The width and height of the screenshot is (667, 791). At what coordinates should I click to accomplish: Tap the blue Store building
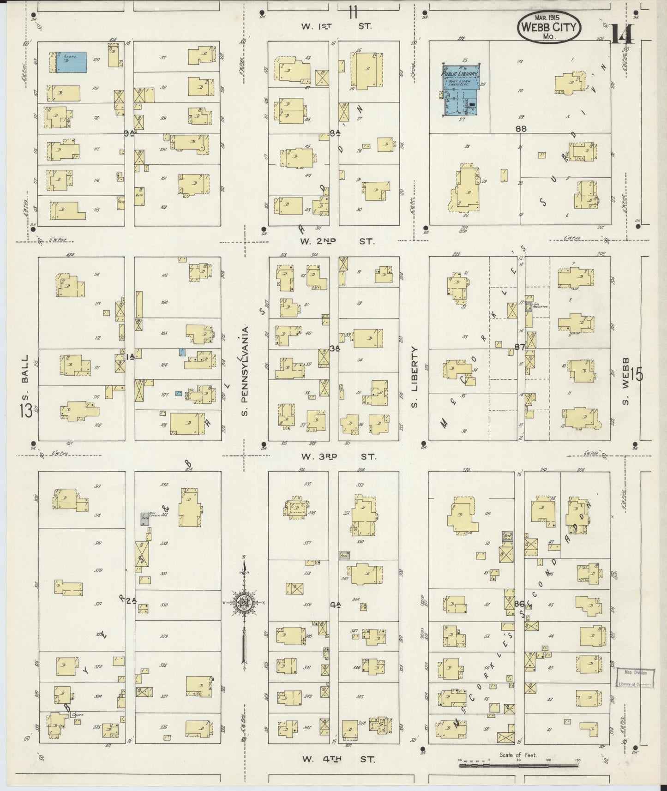pyautogui.click(x=69, y=62)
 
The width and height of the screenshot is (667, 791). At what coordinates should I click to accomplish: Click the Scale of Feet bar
pyautogui.click(x=518, y=765)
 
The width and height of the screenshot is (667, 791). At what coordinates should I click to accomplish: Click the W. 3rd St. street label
pyautogui.click(x=338, y=456)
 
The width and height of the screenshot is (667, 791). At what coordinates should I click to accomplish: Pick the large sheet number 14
pyautogui.click(x=621, y=35)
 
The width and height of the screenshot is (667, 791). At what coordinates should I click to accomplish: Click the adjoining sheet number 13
pyautogui.click(x=26, y=410)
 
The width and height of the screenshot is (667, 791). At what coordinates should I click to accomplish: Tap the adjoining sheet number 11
pyautogui.click(x=353, y=12)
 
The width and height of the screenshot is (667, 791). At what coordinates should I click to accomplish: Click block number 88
pyautogui.click(x=521, y=129)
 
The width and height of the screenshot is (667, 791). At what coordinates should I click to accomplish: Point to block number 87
pyautogui.click(x=520, y=347)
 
